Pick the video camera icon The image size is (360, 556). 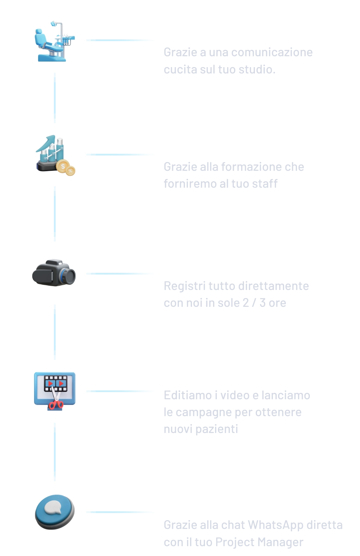[54, 272]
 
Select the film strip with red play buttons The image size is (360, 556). [55, 383]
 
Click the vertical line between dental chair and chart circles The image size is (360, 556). [55, 98]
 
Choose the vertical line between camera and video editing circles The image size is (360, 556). [55, 332]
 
